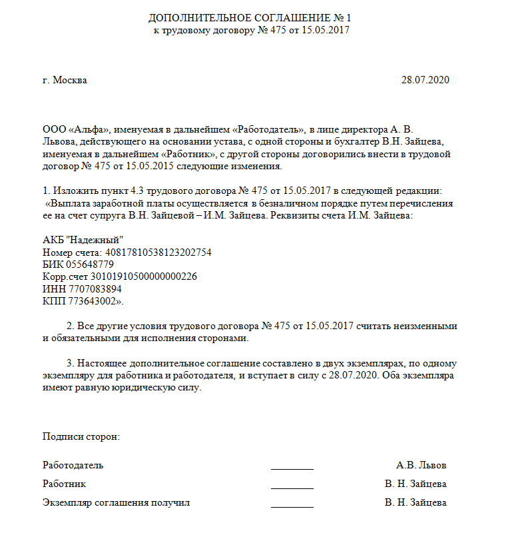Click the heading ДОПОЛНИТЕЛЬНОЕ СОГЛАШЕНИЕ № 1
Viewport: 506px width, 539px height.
(249, 17)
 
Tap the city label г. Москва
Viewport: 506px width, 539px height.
(65, 81)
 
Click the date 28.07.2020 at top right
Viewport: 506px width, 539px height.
(425, 81)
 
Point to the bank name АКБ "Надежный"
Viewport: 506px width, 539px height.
(83, 240)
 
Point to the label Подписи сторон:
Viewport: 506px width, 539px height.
(81, 436)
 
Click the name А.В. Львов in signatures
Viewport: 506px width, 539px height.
(421, 465)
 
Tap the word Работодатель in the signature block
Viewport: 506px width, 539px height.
(73, 465)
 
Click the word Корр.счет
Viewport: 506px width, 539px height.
(65, 276)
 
